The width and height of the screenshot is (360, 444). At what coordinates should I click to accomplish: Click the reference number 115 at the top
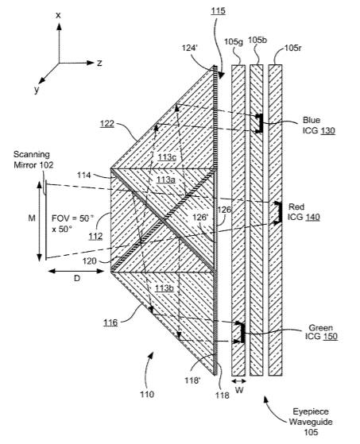point(218,11)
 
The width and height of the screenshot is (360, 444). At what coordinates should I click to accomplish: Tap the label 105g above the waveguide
point(234,42)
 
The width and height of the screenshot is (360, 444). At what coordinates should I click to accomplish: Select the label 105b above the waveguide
point(257,41)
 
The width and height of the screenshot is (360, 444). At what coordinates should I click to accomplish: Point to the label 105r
point(293,48)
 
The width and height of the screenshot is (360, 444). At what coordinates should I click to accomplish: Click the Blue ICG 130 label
point(319,125)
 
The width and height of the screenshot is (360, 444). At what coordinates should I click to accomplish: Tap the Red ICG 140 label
point(304,212)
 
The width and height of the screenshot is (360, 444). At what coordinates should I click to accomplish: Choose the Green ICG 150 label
point(321,332)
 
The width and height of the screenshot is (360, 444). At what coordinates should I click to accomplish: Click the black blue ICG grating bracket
point(260,123)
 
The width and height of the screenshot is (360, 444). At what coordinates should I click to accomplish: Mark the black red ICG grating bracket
point(279,212)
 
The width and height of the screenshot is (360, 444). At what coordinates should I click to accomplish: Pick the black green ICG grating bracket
point(242,333)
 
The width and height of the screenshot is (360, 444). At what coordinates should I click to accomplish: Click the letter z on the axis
point(99,64)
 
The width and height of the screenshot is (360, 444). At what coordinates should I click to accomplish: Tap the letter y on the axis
point(37,90)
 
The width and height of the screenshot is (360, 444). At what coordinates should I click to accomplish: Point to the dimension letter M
point(32,218)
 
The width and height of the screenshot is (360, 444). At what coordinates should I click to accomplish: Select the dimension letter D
point(77,279)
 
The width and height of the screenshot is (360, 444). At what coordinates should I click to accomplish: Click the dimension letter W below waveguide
point(239,390)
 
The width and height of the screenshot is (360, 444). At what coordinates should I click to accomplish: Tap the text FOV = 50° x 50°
point(73,224)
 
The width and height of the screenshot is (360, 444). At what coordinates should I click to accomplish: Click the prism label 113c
point(167,156)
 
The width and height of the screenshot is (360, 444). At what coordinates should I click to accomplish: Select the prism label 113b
point(165,288)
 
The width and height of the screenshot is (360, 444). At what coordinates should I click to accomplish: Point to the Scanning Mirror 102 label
point(33,160)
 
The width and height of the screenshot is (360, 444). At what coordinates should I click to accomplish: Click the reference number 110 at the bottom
point(147,394)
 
